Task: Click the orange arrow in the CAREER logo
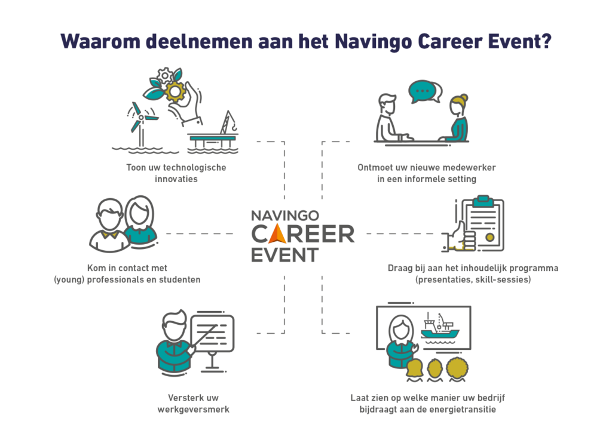[278, 233]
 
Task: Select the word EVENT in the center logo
[284, 256]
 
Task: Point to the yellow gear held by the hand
[175, 91]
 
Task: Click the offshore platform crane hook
[234, 127]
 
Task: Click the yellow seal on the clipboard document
[489, 236]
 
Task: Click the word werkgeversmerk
[194, 410]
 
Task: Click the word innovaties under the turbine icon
[176, 179]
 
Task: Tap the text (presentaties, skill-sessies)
[473, 279]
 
